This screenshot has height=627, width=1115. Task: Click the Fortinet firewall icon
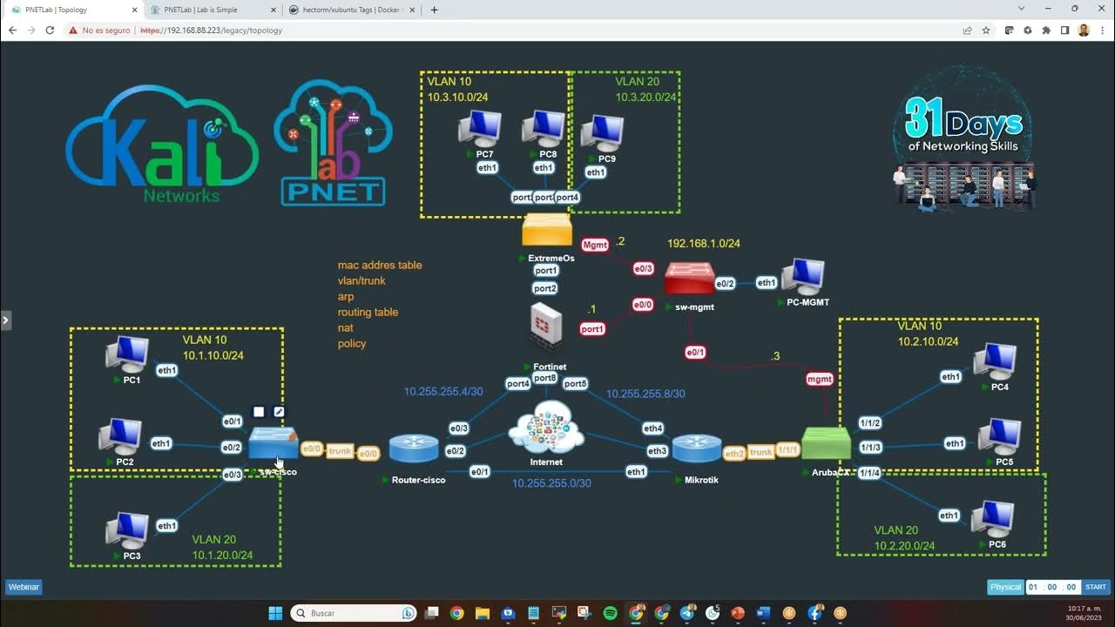[x=546, y=328]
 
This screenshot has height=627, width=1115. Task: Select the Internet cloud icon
[x=546, y=428]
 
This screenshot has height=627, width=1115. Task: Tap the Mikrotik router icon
[x=697, y=448]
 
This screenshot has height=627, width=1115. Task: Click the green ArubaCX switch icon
[x=825, y=443]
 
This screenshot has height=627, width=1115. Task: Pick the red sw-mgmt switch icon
[x=689, y=279]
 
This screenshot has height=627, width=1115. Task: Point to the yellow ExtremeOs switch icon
[x=547, y=230]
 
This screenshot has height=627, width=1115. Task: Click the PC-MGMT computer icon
[x=802, y=277]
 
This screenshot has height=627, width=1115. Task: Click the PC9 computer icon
[x=602, y=133]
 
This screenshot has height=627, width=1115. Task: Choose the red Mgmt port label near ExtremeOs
[x=595, y=246]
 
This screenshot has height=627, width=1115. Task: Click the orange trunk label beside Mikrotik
[x=761, y=452]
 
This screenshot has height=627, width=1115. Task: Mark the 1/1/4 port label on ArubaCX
[x=869, y=473]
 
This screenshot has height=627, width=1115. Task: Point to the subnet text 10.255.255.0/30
[x=551, y=483]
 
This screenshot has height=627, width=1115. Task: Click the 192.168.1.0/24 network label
[x=704, y=244]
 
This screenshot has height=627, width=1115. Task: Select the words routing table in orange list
[x=368, y=312]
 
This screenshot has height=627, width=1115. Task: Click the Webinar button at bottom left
[x=24, y=587]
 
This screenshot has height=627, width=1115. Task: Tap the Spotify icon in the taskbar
[x=610, y=613]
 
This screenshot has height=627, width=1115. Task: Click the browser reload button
[x=50, y=30]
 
